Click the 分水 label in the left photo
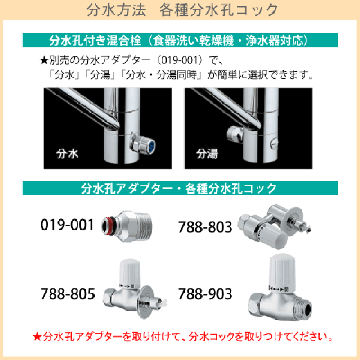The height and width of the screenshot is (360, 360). click(66, 153)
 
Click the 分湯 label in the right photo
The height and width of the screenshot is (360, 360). click(207, 153)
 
